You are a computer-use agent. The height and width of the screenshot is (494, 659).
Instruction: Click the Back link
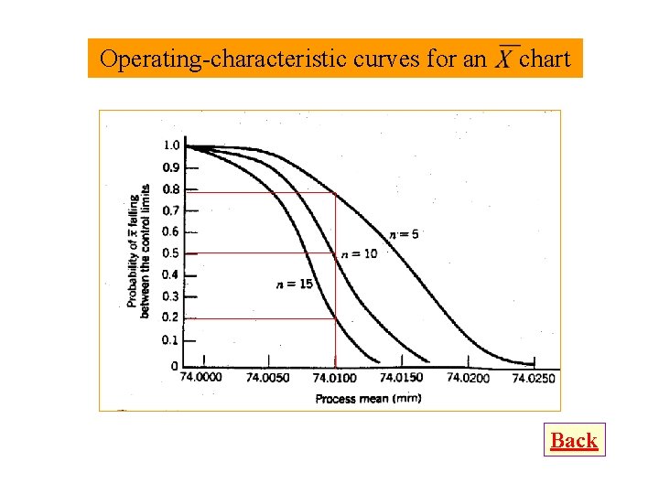(574, 441)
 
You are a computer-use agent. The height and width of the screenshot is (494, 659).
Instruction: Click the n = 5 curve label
(404, 235)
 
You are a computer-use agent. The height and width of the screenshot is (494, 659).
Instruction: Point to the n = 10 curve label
(359, 253)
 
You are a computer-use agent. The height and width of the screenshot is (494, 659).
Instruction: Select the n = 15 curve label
(294, 285)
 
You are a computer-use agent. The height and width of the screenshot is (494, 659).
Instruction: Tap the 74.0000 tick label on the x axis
(200, 378)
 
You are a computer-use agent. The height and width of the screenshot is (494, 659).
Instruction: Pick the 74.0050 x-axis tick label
(267, 378)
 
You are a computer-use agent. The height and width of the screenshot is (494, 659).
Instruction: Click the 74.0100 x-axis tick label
(334, 378)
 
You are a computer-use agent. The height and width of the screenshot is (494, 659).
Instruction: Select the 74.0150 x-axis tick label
(401, 378)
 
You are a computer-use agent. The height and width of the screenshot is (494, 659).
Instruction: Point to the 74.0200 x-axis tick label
(468, 378)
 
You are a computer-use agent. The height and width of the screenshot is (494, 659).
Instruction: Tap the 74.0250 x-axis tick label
(534, 378)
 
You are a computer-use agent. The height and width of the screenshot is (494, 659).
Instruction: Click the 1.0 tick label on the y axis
(171, 145)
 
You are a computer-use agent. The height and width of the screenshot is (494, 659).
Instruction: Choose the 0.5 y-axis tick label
(171, 253)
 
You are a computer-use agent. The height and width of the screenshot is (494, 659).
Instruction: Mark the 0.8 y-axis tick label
(171, 189)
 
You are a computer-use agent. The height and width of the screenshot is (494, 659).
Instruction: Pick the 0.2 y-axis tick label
(171, 318)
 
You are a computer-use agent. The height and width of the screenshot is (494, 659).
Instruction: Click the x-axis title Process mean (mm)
(368, 399)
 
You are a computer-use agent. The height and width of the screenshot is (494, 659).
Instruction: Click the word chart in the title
(545, 59)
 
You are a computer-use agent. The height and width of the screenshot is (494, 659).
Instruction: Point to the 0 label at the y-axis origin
(174, 366)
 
